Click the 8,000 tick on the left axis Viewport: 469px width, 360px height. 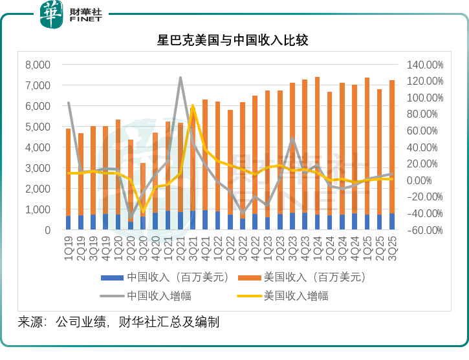pos(38,65)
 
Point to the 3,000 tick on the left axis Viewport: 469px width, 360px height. pos(38,168)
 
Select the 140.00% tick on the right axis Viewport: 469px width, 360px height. pos(425,65)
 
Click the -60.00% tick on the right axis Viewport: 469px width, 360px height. pos(425,230)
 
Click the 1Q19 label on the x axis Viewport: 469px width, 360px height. pos(69,248)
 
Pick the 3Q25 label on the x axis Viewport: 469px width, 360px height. pos(393,248)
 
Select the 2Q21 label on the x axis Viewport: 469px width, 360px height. pos(181,248)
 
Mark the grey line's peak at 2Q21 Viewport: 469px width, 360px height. pos(180,78)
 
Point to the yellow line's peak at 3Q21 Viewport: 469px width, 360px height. pos(193,105)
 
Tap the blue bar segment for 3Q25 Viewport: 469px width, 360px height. pos(392,222)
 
